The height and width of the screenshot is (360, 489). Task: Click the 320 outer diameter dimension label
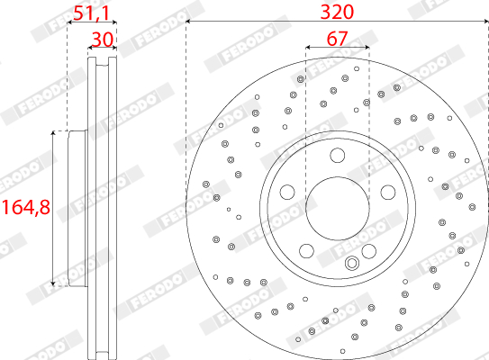click(337, 13)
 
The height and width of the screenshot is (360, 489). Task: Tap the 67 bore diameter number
click(337, 39)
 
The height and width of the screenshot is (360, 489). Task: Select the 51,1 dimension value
click(92, 13)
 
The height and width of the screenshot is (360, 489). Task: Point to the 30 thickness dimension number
click(103, 40)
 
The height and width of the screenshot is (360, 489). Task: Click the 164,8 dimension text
click(26, 207)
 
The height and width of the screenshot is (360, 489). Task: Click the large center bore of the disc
click(338, 209)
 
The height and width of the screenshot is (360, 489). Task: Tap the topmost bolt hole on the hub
click(338, 155)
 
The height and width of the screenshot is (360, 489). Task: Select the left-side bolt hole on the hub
click(287, 192)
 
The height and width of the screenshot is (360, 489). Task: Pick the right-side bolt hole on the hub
click(388, 192)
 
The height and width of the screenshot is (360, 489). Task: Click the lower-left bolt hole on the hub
click(306, 251)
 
